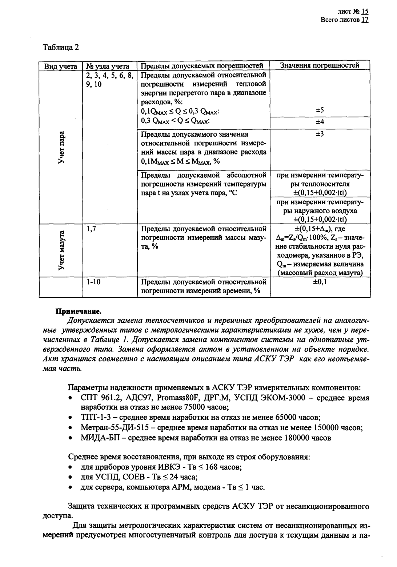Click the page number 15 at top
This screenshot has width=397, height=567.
[x=365, y=12]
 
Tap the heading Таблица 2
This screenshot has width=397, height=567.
[x=61, y=48]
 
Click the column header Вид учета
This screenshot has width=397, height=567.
[x=60, y=67]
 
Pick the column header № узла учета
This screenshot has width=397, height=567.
[x=108, y=67]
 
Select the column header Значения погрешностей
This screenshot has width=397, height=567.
[x=320, y=65]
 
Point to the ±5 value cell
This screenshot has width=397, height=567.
[x=320, y=110]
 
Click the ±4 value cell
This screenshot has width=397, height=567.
[x=320, y=122]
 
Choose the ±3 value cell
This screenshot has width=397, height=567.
[x=320, y=134]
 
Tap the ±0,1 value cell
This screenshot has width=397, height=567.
[x=320, y=282]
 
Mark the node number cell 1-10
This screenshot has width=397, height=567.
[x=93, y=282]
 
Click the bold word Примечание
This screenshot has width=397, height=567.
[x=78, y=311]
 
